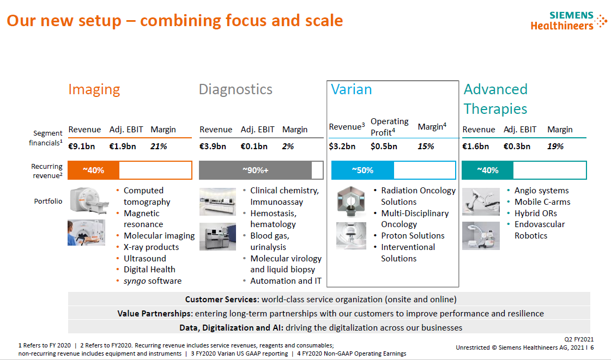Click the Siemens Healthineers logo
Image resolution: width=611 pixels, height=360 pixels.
pyautogui.click(x=568, y=21)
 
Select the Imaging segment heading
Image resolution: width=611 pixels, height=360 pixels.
pyautogui.click(x=94, y=89)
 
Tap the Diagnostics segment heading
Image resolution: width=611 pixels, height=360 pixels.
pyautogui.click(x=235, y=89)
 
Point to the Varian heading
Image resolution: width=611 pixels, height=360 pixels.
pyautogui.click(x=351, y=89)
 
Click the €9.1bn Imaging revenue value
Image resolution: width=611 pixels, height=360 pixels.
pyautogui.click(x=81, y=147)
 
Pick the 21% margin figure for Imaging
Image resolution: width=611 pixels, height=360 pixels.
pyautogui.click(x=159, y=147)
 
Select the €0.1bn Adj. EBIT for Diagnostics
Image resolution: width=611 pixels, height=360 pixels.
pyautogui.click(x=253, y=147)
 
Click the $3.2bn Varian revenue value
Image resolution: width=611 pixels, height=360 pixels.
pyautogui.click(x=342, y=147)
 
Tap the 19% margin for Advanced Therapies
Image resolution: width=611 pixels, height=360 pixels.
pyautogui.click(x=555, y=147)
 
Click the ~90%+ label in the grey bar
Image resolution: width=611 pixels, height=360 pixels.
pyautogui.click(x=255, y=170)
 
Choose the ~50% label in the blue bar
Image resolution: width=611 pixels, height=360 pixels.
pyautogui.click(x=362, y=170)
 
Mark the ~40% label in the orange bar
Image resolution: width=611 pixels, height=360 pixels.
pyautogui.click(x=93, y=170)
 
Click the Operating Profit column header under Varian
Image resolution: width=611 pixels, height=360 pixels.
pyautogui.click(x=389, y=127)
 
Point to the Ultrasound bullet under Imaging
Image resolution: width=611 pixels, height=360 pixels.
pyautogui.click(x=144, y=258)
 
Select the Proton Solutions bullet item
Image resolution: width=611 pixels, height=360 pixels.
pyautogui.click(x=413, y=236)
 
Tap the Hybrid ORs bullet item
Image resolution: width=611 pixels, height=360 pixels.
pyautogui.click(x=535, y=213)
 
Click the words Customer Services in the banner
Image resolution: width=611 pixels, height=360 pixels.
pyautogui.click(x=221, y=300)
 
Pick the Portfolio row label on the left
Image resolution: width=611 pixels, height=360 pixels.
pyautogui.click(x=48, y=201)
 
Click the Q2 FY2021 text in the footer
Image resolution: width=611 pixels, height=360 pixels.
pyautogui.click(x=579, y=339)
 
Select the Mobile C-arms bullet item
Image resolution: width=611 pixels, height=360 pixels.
pyautogui.click(x=542, y=202)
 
